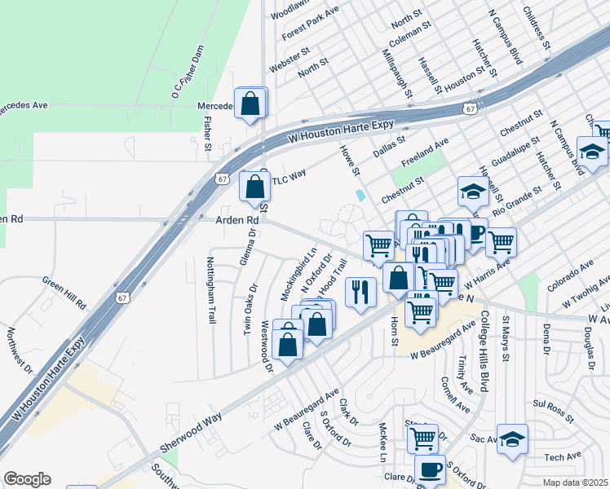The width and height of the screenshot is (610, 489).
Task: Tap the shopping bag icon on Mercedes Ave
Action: (250, 104)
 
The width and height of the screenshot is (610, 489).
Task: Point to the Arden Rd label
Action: (236, 220)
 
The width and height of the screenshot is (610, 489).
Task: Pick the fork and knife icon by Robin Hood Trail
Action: (360, 292)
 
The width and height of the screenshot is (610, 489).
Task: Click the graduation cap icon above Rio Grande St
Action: (473, 192)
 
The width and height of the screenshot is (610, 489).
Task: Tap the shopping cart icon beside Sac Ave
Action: (422, 438)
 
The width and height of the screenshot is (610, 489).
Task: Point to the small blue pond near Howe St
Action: (360, 196)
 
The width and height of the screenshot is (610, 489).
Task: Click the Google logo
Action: (27, 479)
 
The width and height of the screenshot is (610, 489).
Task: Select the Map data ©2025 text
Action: (576, 482)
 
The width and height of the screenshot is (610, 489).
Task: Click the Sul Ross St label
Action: (554, 408)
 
